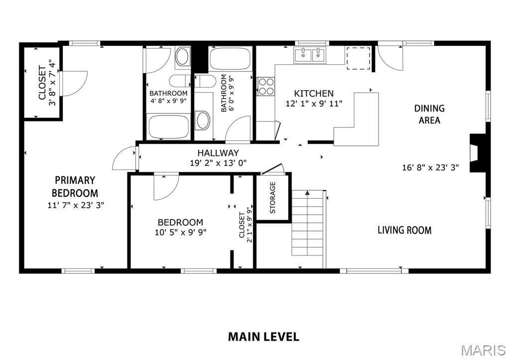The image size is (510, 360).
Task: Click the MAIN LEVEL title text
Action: coord(263,337)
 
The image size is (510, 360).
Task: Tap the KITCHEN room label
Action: coord(314,94)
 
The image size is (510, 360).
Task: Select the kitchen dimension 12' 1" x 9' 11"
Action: coord(314,104)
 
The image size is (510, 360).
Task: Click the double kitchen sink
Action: coord(310,55)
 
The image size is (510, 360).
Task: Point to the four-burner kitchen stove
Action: coord(266,86)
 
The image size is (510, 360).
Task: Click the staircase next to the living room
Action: coord(308,229)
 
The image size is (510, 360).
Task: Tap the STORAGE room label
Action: coord(272,197)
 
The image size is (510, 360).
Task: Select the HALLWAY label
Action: coord(218,152)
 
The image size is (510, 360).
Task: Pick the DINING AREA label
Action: coord(429,114)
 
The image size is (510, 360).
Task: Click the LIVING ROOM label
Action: coord(404,230)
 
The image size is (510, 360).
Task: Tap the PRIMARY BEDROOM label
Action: coord(75,186)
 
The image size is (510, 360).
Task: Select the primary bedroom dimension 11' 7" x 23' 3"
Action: coord(76,205)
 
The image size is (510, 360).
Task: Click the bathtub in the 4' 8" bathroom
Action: coord(168,126)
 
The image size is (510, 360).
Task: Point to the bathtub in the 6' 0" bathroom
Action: coord(230,59)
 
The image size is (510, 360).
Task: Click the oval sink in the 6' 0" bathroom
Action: coord(203,120)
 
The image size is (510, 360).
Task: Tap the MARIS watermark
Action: coord(483,350)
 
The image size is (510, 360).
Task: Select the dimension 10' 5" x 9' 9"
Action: coord(180,233)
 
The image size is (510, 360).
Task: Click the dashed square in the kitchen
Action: coord(358,58)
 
